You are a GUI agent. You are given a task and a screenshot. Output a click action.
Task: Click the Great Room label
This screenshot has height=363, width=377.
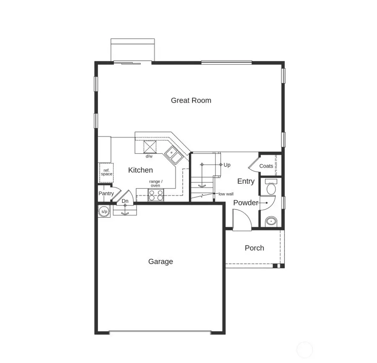191,101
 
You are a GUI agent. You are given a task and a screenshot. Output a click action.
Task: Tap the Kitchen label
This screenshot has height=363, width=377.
140,170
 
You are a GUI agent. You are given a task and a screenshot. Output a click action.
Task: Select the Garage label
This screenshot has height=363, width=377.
160,262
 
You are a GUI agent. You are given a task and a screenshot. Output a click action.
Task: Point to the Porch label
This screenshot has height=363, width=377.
254,248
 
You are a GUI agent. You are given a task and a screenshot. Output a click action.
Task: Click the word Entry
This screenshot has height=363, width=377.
246,181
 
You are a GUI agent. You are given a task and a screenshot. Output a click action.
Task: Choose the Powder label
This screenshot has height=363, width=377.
245,203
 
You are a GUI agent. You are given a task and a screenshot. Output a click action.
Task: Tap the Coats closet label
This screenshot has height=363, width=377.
266,166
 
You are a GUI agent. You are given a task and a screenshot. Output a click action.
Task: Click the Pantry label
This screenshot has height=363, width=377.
106,194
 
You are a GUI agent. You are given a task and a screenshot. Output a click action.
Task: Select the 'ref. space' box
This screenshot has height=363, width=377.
106,172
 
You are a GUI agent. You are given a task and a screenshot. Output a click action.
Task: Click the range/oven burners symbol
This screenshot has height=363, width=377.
156,195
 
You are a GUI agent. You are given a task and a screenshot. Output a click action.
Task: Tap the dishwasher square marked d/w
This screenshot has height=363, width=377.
150,147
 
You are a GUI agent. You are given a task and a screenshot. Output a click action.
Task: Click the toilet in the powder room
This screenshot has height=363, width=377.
271,187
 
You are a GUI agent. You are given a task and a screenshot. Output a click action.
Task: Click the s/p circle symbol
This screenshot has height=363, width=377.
103,211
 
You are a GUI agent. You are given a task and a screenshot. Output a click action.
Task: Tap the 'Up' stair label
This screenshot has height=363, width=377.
227,165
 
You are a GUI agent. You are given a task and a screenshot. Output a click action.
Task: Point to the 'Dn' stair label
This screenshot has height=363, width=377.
125,201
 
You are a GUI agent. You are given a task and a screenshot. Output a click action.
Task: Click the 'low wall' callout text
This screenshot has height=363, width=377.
226,194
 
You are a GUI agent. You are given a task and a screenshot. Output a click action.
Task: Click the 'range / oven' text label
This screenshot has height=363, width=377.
155,184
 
